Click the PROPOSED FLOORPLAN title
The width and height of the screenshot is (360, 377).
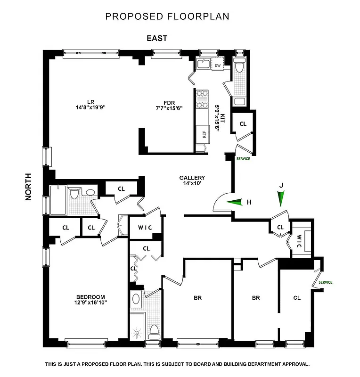pyautogui.click(x=167, y=16)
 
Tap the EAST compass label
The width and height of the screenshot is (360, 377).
pyautogui.click(x=157, y=39)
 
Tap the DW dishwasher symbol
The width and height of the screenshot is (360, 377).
pyautogui.click(x=217, y=66)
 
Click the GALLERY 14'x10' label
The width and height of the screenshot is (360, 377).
pyautogui.click(x=192, y=180)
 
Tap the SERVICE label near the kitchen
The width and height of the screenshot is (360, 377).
pyautogui.click(x=243, y=159)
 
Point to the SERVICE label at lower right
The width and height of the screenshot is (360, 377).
pyautogui.click(x=325, y=282)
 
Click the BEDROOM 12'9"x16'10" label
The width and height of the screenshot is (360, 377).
pyautogui.click(x=90, y=300)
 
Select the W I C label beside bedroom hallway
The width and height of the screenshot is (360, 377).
pyautogui.click(x=145, y=228)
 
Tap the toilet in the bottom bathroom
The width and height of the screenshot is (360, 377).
pyautogui.click(x=154, y=330)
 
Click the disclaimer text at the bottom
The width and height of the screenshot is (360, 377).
pyautogui.click(x=177, y=364)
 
